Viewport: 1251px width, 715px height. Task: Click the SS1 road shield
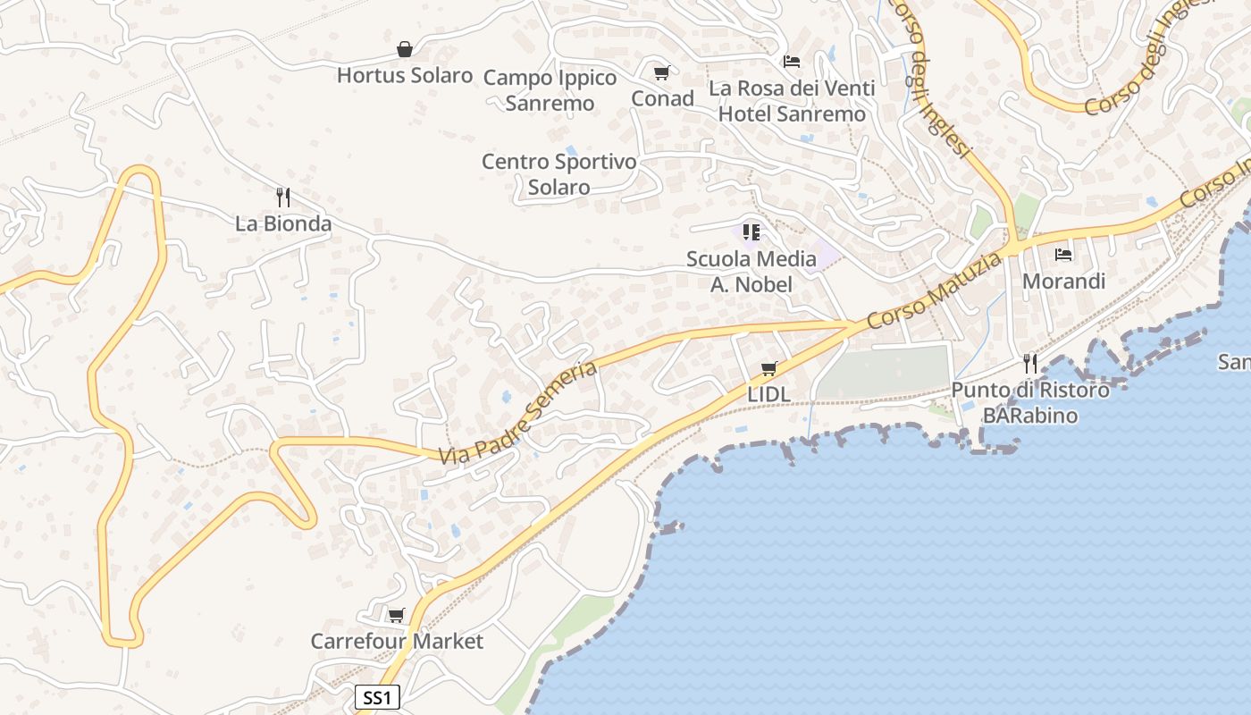377,697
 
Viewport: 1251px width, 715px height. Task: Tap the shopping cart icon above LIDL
768,368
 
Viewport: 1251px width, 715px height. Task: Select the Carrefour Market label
397,641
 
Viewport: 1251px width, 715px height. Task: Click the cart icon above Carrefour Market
396,615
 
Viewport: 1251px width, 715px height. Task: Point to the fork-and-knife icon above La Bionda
283,197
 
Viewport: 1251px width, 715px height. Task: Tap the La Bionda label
283,223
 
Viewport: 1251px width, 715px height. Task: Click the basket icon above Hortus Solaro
405,49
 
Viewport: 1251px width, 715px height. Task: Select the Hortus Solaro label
405,75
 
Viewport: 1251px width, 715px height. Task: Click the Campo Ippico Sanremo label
550,90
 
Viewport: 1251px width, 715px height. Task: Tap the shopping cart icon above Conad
661,72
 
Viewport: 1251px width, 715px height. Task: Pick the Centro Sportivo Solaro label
559,174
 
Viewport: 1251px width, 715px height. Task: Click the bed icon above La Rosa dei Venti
792,62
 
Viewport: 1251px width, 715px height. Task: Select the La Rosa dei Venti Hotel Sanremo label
792,101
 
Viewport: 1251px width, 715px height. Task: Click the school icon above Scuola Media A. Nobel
751,232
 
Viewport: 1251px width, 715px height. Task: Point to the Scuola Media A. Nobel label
751,272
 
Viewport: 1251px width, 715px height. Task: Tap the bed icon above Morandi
1063,255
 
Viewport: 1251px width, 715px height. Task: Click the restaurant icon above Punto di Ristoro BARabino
1030,363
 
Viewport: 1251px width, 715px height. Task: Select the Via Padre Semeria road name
517,412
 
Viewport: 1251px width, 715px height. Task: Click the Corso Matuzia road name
935,290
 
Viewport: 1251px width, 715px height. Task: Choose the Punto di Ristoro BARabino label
1030,403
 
